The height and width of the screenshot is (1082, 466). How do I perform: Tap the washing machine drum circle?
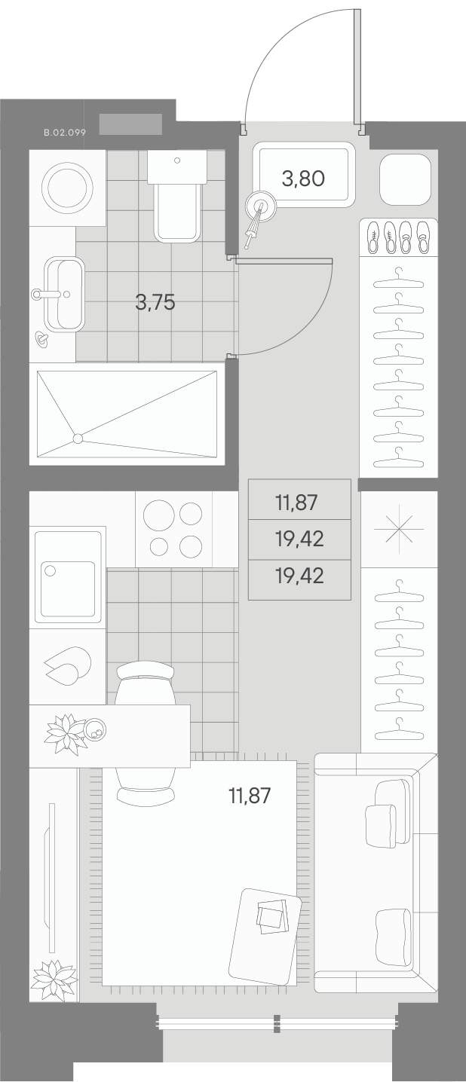(x=67, y=186)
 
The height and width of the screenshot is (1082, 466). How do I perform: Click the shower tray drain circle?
(x=78, y=438)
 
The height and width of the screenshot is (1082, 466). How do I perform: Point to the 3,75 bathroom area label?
(x=155, y=302)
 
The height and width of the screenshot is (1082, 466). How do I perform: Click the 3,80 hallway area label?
(x=303, y=179)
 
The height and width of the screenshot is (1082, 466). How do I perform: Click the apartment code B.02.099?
(x=65, y=133)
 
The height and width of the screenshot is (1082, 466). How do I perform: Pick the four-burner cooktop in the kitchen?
(x=174, y=529)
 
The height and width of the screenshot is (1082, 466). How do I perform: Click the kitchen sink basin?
(x=68, y=588)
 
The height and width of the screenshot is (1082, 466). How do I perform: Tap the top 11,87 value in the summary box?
(x=296, y=503)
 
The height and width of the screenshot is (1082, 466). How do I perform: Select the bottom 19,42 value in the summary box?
(x=299, y=576)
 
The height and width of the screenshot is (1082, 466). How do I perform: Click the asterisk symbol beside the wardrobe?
(x=400, y=529)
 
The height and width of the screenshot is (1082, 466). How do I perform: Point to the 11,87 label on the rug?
(x=250, y=796)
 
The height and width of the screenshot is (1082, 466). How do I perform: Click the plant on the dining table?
(x=66, y=733)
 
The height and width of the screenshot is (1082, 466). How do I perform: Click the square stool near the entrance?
(x=405, y=179)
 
